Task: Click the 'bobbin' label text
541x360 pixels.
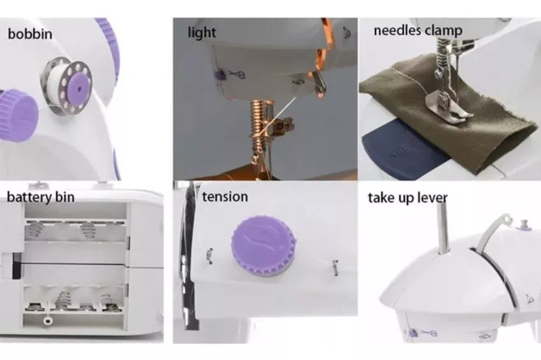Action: tap(30, 33)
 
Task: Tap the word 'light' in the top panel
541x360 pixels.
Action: tap(202, 32)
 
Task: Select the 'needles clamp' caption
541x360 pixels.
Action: tap(418, 30)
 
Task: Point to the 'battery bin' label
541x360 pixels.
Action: tap(41, 197)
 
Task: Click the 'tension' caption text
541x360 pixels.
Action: tap(225, 196)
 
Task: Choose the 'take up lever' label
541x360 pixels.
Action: tap(407, 197)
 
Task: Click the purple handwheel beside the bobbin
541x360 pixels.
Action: tap(18, 108)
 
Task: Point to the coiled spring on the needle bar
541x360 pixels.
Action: tap(258, 127)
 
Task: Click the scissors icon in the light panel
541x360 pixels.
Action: tap(236, 75)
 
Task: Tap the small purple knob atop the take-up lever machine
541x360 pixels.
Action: tap(524, 224)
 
